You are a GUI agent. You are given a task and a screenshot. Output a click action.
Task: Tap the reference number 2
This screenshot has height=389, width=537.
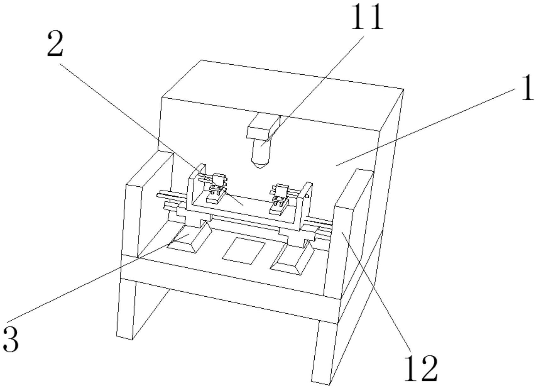point(55,44)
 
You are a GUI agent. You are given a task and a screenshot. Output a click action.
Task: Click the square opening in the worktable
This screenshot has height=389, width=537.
point(244,251)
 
